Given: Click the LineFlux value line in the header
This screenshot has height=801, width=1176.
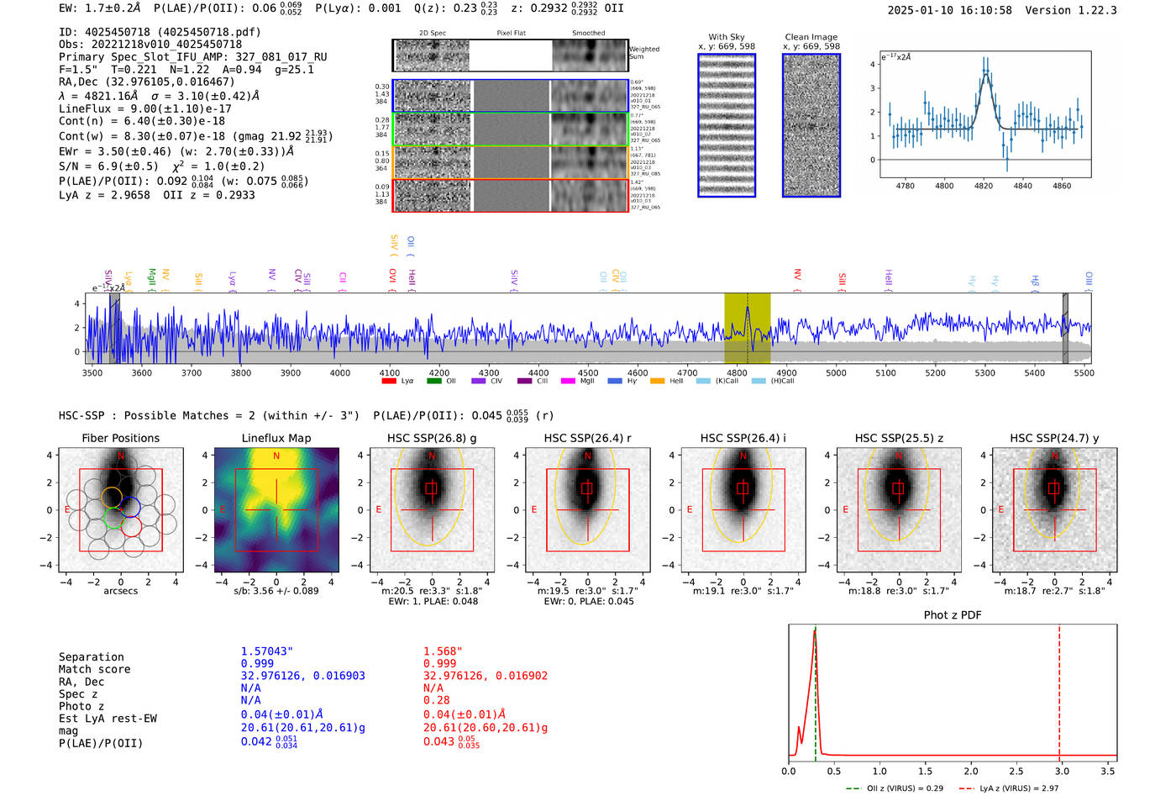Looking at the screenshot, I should (144, 108).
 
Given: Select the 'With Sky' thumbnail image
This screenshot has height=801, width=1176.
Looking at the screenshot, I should (727, 125).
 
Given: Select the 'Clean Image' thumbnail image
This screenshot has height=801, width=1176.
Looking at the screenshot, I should (811, 125).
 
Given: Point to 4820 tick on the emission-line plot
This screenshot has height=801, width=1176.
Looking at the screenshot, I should (984, 186).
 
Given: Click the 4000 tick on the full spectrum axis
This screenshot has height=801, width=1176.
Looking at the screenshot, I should (340, 373).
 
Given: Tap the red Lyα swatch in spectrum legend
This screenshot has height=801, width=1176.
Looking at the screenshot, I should (389, 382).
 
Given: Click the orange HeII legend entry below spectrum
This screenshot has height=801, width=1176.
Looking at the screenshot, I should (657, 382).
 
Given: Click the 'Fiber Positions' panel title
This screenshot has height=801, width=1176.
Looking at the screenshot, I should (120, 438).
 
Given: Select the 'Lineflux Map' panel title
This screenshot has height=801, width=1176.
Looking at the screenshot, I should (276, 438).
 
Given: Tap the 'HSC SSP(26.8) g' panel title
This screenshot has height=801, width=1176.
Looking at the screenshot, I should (432, 438).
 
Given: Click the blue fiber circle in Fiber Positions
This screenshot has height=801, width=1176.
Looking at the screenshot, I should (130, 506).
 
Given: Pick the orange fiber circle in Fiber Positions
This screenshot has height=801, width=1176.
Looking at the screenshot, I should (112, 497).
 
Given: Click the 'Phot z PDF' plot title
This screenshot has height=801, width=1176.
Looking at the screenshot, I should (953, 615).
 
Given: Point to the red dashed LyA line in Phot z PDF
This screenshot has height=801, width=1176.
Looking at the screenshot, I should (1059, 689).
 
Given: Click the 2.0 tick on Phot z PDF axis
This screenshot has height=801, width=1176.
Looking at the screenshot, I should (971, 771).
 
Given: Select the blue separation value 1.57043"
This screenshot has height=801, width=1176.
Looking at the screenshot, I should (267, 651).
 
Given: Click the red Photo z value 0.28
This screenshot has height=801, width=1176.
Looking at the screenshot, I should (437, 700).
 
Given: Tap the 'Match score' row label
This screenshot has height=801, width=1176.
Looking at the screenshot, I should (94, 670).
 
